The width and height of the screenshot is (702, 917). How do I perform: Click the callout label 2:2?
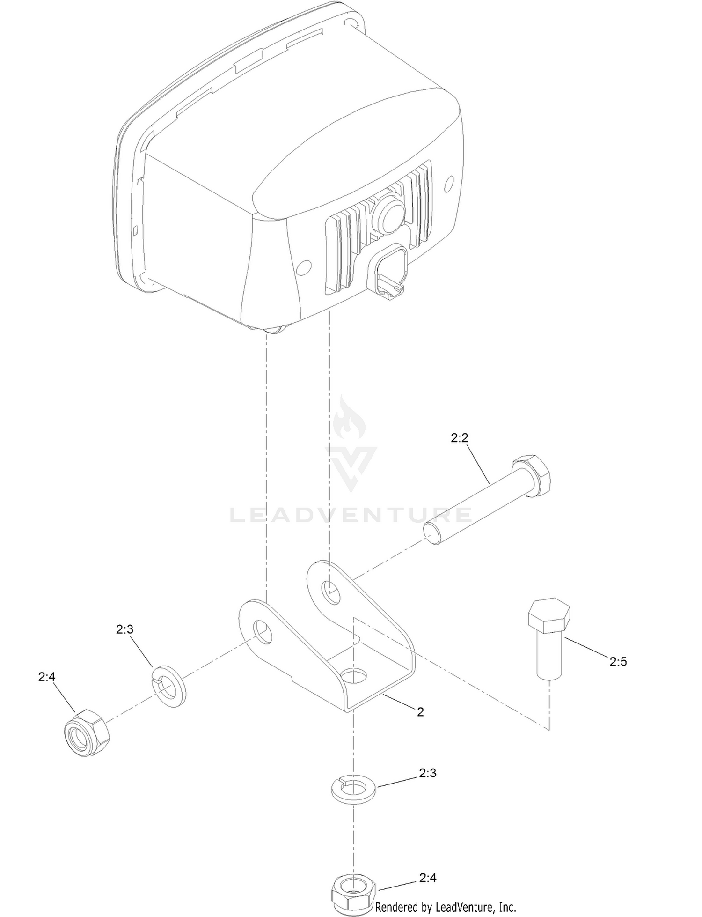459,438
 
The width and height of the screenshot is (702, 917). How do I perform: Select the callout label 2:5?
618,661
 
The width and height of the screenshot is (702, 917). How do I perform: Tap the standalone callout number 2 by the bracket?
420,711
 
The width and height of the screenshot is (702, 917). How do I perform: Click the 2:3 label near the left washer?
125,629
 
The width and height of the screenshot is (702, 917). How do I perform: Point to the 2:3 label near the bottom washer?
428,773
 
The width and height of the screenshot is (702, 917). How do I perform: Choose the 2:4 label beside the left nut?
47,677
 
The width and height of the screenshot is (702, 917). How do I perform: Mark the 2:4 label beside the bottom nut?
428,878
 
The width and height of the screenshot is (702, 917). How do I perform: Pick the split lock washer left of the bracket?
169,686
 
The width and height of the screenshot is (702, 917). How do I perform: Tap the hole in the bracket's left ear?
263,633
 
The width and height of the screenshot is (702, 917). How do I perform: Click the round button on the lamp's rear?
388,214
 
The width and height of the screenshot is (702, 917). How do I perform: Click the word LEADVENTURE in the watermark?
351,515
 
